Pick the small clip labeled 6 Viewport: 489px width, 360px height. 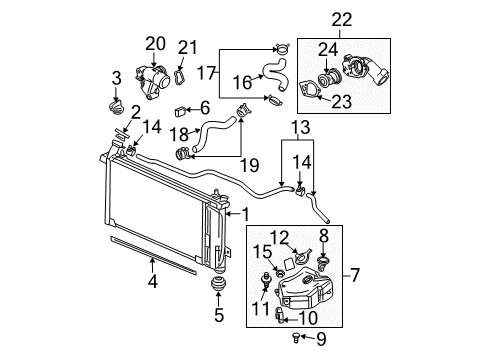point(181,110)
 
